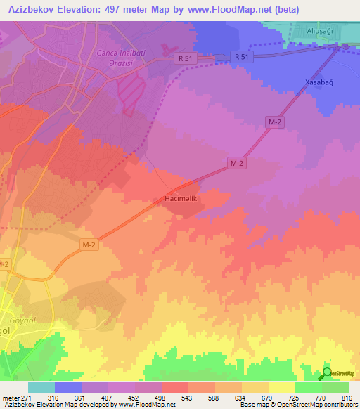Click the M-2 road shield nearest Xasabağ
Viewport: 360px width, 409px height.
click(275, 122)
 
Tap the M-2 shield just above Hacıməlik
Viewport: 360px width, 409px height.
click(237, 162)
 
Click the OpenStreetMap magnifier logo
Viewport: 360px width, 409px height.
click(327, 374)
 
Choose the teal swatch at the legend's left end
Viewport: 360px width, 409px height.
click(41, 388)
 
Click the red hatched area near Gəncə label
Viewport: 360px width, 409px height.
click(131, 92)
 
